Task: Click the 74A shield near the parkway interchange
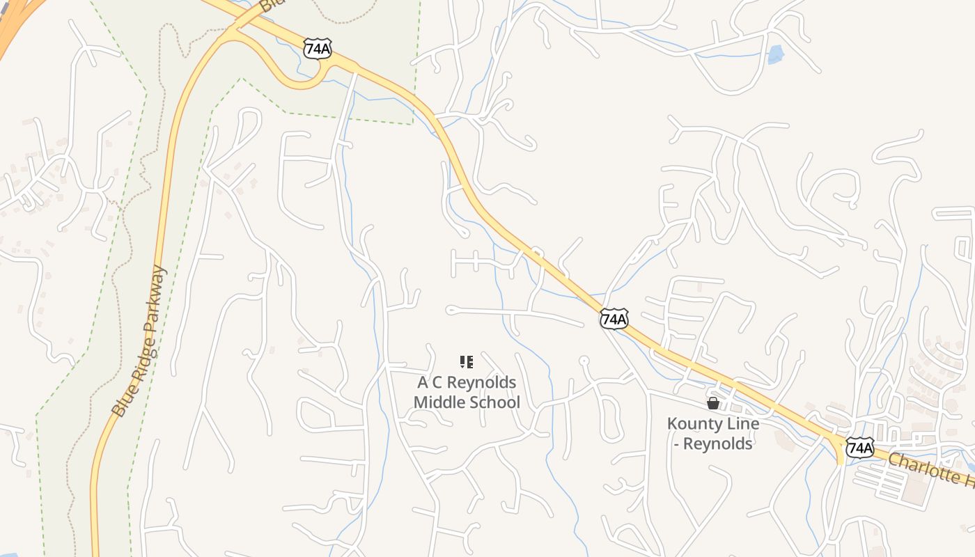coord(317,48)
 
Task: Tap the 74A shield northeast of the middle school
coord(614,319)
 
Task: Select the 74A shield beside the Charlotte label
coord(860,447)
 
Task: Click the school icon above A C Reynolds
coord(467,362)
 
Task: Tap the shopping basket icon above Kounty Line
coord(713,403)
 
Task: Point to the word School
coord(494,402)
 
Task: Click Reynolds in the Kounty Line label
coord(718,444)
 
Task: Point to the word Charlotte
coord(923,468)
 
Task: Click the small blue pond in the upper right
coord(776,54)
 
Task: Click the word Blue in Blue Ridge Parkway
coord(120,404)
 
